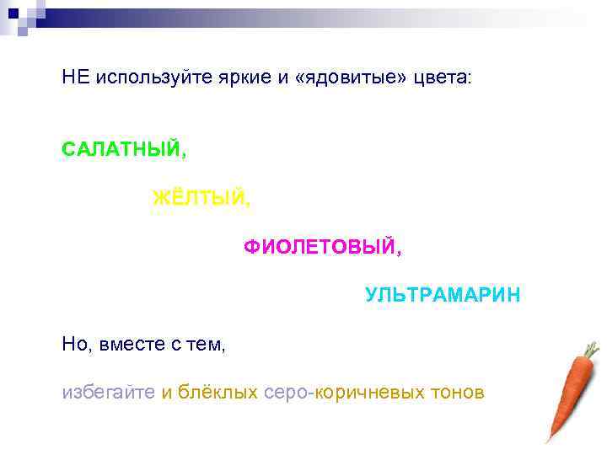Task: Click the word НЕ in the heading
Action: click(75, 78)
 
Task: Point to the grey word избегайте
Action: click(108, 393)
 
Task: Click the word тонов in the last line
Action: click(456, 393)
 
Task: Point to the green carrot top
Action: click(591, 348)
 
